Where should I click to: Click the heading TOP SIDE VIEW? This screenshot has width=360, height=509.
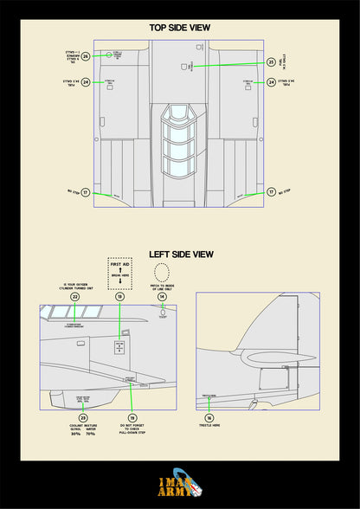click(180, 28)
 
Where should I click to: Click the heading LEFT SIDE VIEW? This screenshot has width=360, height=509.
click(180, 254)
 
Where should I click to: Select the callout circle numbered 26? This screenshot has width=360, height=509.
click(85, 55)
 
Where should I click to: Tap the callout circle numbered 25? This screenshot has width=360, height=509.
click(271, 62)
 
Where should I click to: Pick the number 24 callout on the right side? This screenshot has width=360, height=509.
click(271, 82)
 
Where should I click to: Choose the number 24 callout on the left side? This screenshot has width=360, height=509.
click(85, 82)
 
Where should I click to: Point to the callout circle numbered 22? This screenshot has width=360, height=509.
click(75, 296)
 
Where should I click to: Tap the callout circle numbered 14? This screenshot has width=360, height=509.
click(162, 296)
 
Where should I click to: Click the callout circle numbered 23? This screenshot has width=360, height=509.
click(83, 417)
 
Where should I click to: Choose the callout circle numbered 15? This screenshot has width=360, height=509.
click(131, 417)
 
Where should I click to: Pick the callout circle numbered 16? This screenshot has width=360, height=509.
click(209, 417)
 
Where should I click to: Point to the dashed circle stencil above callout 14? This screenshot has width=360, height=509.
click(162, 272)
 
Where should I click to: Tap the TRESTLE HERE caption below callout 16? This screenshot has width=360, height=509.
click(209, 426)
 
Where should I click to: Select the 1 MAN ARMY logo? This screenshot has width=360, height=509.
click(180, 487)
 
